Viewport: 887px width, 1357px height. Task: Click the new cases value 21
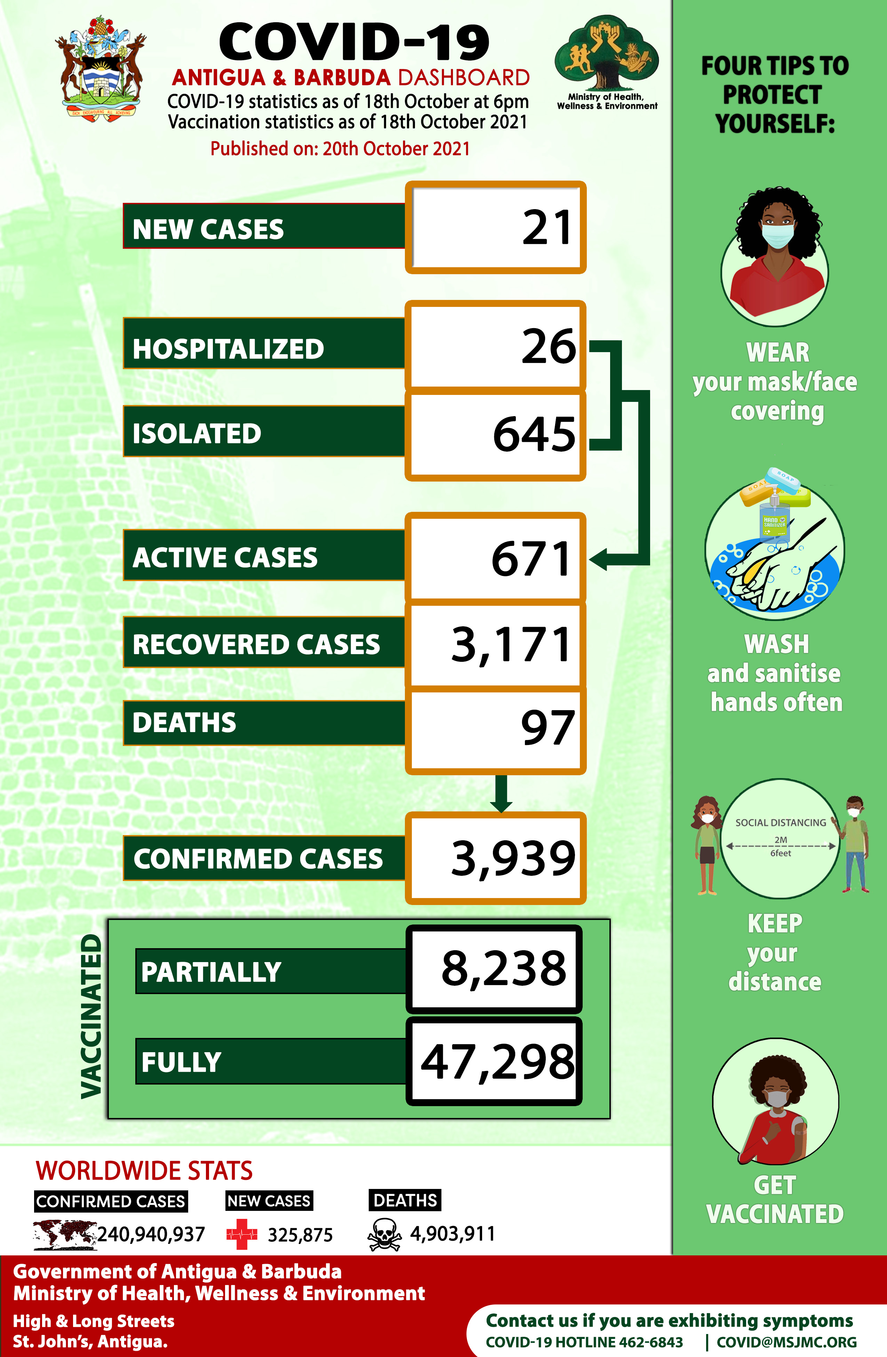coord(546,228)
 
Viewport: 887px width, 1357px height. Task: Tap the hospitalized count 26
coord(549,346)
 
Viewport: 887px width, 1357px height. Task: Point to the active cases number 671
coord(531,559)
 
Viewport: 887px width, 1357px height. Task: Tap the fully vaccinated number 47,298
coord(498,1062)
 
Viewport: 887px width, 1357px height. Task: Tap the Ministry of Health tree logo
coord(606,54)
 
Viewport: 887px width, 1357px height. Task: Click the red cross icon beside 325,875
coord(242,1235)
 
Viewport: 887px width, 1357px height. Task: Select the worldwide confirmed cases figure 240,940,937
coord(151,1235)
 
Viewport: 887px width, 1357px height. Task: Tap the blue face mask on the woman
coord(777,235)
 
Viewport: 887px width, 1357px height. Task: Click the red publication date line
coord(340,149)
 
